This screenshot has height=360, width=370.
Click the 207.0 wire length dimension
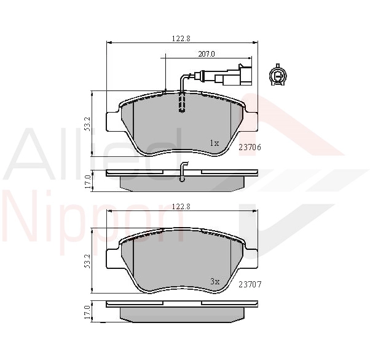pos(207,54)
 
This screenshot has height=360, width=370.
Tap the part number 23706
pos(250,148)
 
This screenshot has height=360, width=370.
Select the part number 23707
pos(250,285)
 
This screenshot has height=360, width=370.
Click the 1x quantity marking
pos(215,143)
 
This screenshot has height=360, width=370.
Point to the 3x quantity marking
pos(215,281)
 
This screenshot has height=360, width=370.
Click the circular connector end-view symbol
pos(278,75)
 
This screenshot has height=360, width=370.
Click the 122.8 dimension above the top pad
pos(181,39)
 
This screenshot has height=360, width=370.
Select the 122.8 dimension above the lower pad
pos(181,206)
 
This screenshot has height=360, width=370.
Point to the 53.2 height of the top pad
pos(87,124)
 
